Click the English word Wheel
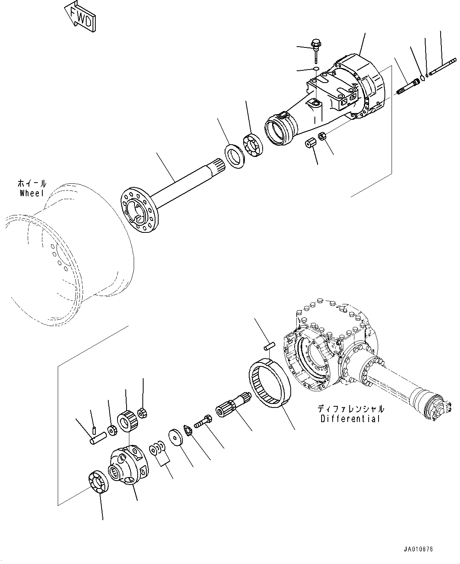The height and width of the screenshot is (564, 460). (x=32, y=193)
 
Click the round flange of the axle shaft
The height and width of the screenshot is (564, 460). (x=138, y=209)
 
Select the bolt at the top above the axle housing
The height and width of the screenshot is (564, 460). (x=316, y=45)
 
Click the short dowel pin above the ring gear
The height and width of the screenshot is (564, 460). (x=269, y=346)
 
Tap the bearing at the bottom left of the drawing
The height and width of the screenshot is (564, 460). (x=98, y=483)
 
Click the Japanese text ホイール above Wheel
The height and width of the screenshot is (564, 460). (x=32, y=183)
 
